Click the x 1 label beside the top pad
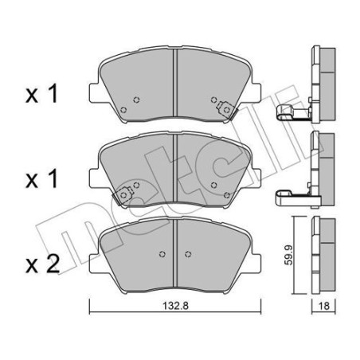[42, 96]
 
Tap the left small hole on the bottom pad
[162, 256]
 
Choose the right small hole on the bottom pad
[187, 256]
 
